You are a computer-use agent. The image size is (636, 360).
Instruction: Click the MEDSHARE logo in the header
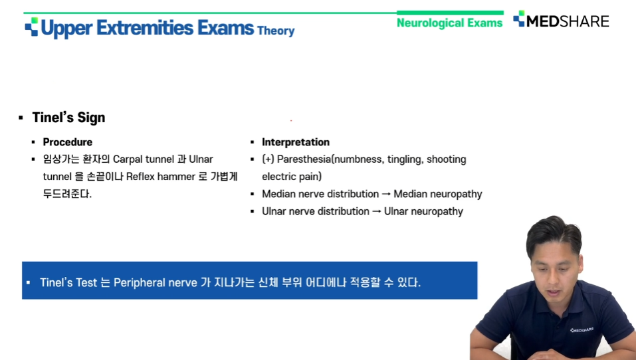pyautogui.click(x=561, y=21)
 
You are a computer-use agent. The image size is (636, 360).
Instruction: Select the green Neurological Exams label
pyautogui.click(x=449, y=23)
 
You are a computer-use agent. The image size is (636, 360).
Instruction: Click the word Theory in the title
pyautogui.click(x=276, y=31)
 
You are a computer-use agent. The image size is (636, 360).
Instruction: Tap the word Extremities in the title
pyautogui.click(x=145, y=28)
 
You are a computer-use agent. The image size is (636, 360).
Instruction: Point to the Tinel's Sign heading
pyautogui.click(x=68, y=118)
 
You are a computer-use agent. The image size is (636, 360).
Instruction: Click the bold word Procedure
pyautogui.click(x=67, y=142)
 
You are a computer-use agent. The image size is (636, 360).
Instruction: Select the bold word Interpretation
pyautogui.click(x=296, y=142)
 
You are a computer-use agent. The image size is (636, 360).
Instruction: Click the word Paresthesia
pyautogui.click(x=304, y=159)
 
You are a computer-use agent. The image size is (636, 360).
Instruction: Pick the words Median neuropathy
pyautogui.click(x=438, y=194)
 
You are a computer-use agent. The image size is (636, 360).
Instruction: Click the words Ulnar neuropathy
pyautogui.click(x=423, y=212)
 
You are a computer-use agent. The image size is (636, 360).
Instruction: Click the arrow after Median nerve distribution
pyautogui.click(x=386, y=194)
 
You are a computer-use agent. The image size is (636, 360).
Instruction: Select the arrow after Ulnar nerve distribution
pyautogui.click(x=376, y=212)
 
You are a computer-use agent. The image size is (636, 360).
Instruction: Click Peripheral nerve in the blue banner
pyautogui.click(x=155, y=282)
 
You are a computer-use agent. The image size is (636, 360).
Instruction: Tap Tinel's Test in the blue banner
pyautogui.click(x=68, y=282)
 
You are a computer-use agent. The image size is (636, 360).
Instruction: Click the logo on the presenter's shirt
pyautogui.click(x=582, y=330)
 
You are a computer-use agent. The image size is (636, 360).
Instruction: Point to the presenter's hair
pyautogui.click(x=554, y=233)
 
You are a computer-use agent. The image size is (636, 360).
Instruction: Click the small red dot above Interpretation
pyautogui.click(x=291, y=120)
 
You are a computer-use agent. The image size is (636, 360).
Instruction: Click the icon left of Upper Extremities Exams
pyautogui.click(x=31, y=27)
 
